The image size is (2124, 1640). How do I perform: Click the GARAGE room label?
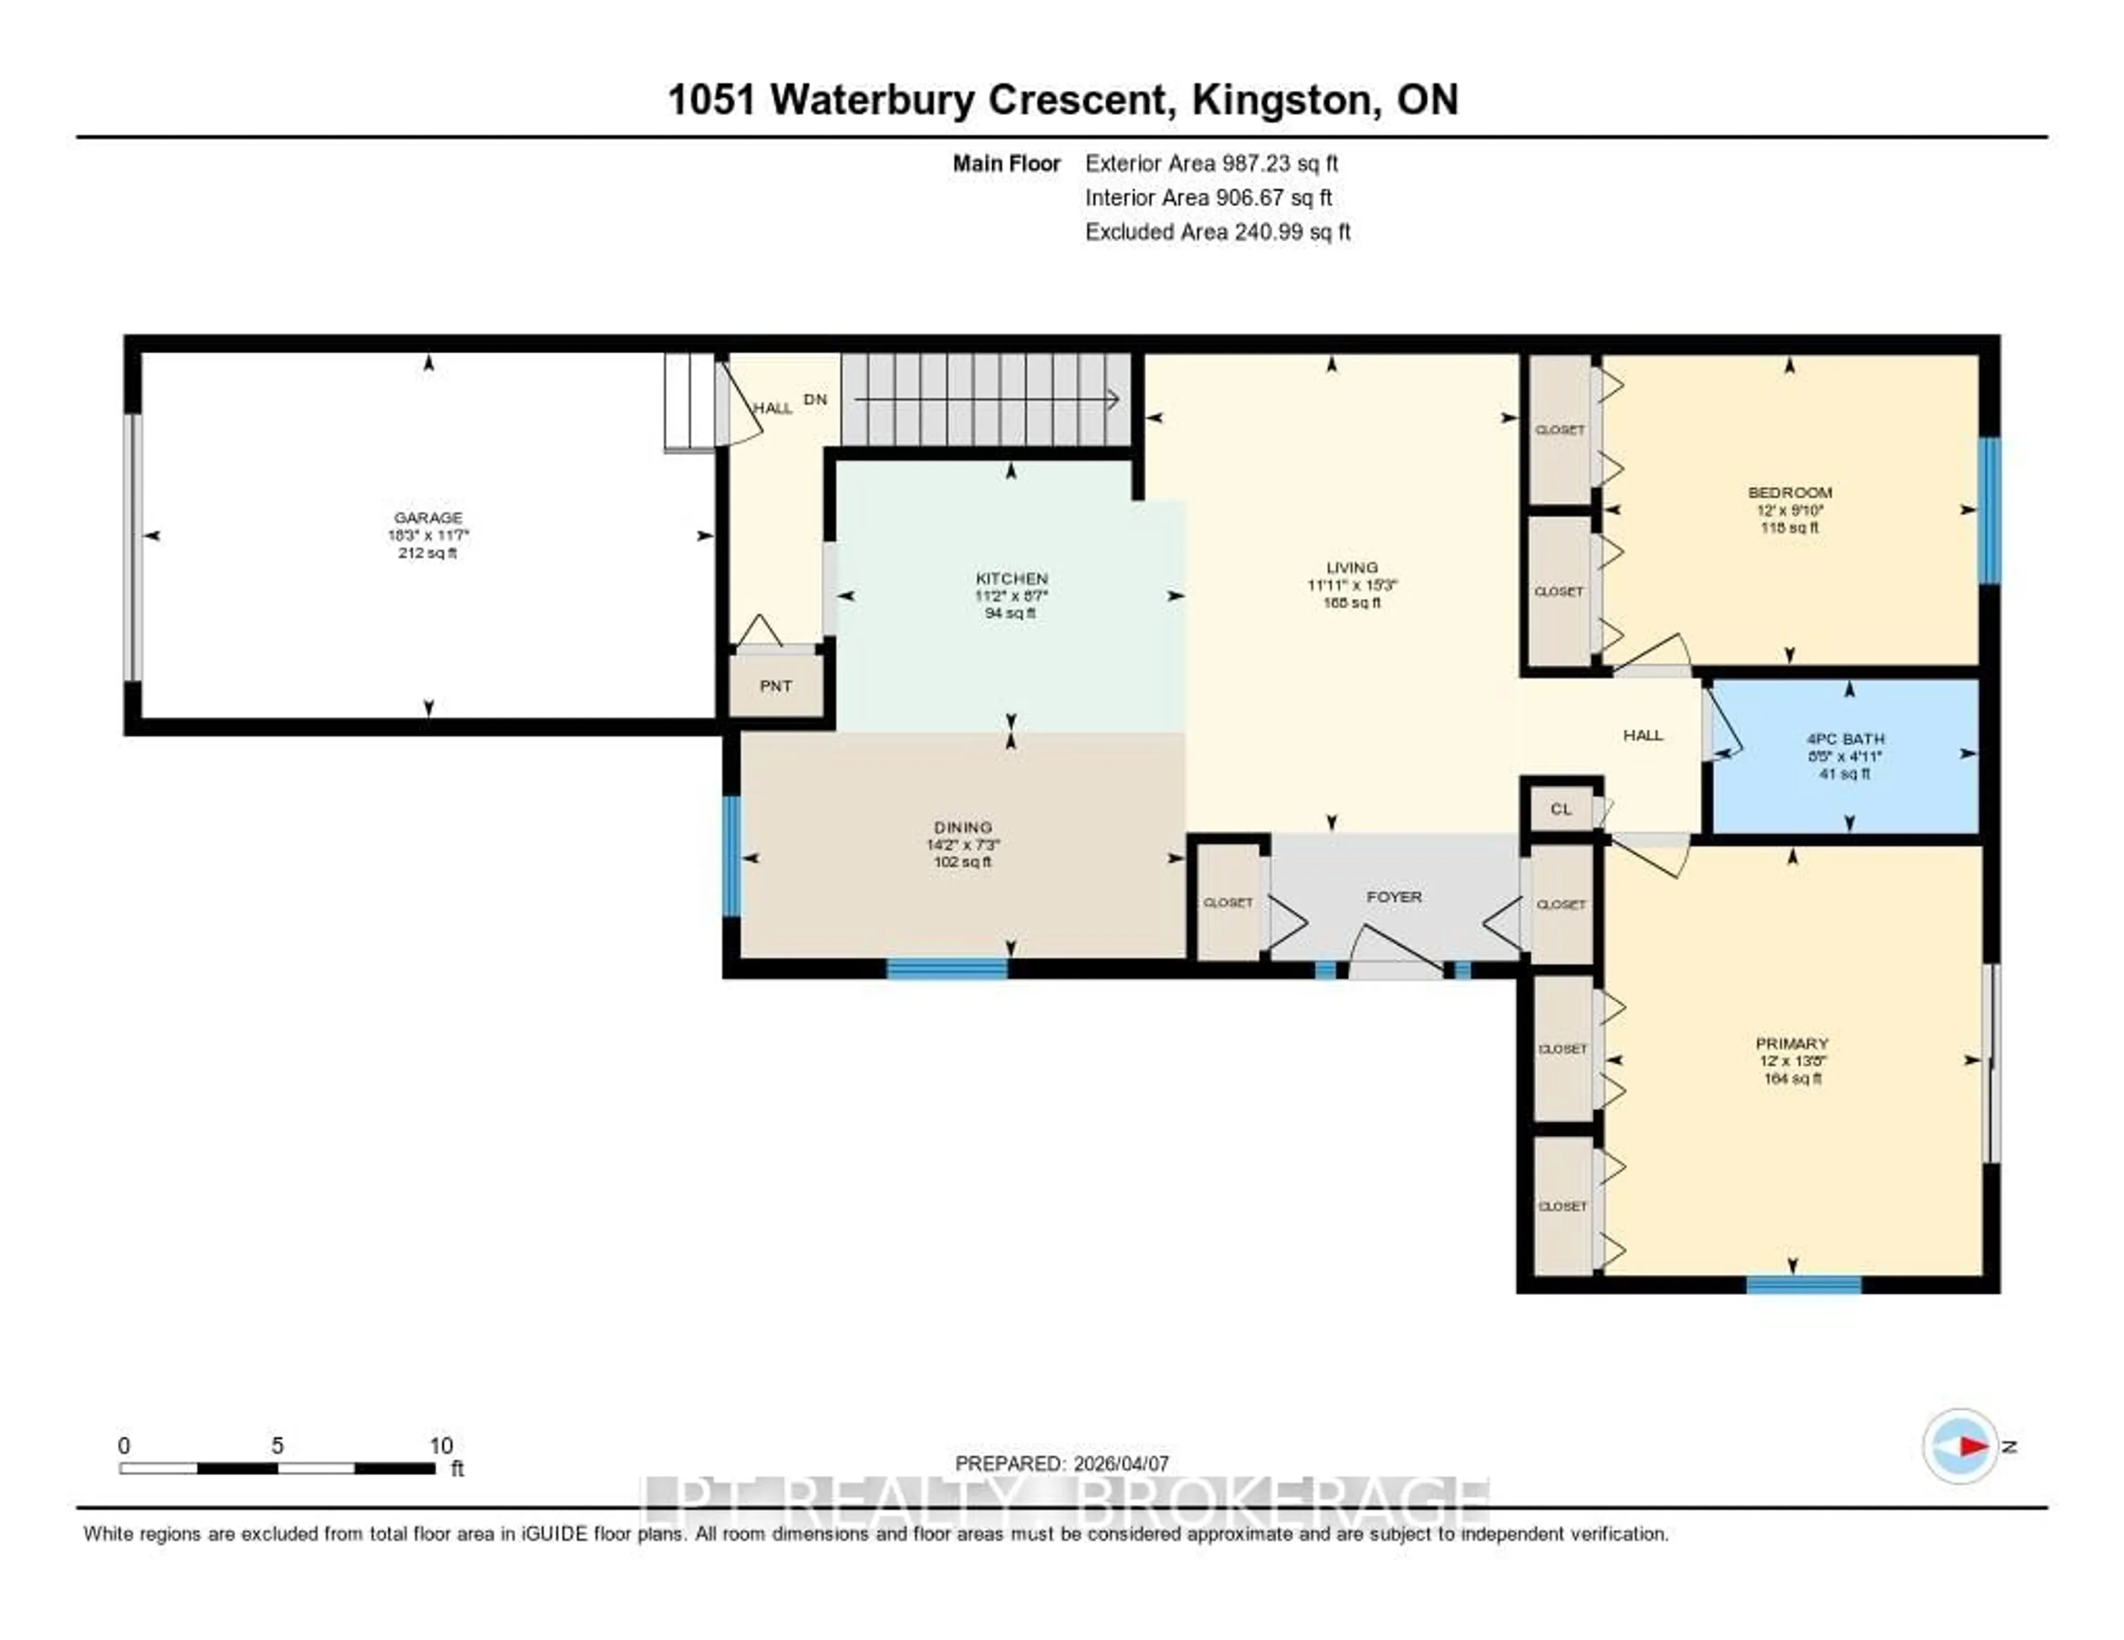pos(428,517)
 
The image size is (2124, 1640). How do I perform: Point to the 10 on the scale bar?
pos(440,1445)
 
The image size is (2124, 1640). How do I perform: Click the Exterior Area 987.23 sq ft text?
pos(1211,163)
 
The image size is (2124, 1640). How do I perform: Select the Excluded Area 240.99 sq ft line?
pos(1217,231)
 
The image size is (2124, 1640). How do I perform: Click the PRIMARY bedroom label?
pos(1792,1043)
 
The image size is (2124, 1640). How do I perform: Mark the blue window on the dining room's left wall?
pos(731,855)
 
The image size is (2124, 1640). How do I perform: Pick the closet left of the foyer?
pos(1227,902)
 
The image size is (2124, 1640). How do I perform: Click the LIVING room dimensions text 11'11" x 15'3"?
pos(1352,585)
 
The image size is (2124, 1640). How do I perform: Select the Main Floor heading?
pos(1006,163)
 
